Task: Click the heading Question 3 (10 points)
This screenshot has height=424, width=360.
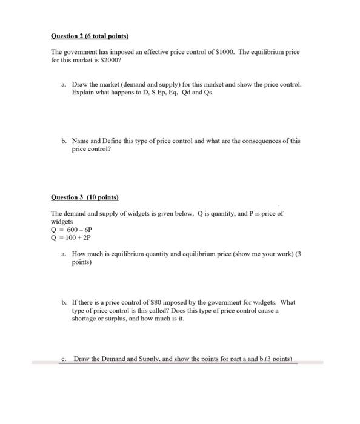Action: pyautogui.click(x=84, y=197)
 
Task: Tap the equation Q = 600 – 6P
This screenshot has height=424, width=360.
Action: pyautogui.click(x=72, y=230)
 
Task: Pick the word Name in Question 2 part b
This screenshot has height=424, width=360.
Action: pyautogui.click(x=81, y=141)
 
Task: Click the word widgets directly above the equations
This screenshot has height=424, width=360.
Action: pyautogui.click(x=62, y=222)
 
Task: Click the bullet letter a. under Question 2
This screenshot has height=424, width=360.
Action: pyautogui.click(x=64, y=84)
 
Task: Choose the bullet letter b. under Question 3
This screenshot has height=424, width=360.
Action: pyautogui.click(x=64, y=302)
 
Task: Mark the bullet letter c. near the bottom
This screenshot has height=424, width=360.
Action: pyautogui.click(x=64, y=359)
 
